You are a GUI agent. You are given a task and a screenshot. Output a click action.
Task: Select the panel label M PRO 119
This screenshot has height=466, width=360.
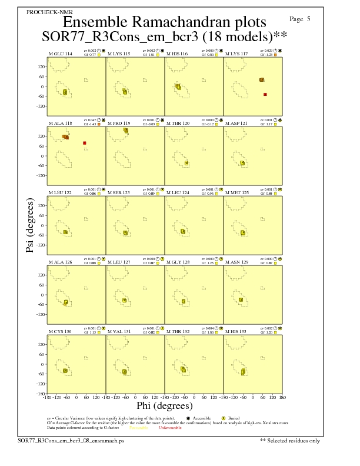coord(119,124)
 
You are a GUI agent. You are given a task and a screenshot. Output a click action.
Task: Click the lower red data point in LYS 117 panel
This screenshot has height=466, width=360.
coord(265,94)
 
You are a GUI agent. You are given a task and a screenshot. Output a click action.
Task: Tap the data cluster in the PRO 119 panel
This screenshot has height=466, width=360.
coord(126,131)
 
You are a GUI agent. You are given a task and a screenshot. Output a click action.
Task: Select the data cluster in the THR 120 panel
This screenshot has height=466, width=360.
coord(186,163)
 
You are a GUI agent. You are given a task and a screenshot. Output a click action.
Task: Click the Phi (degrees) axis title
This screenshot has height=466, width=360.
coord(165,405)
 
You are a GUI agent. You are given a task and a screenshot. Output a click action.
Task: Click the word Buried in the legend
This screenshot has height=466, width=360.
coord(233,417)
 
